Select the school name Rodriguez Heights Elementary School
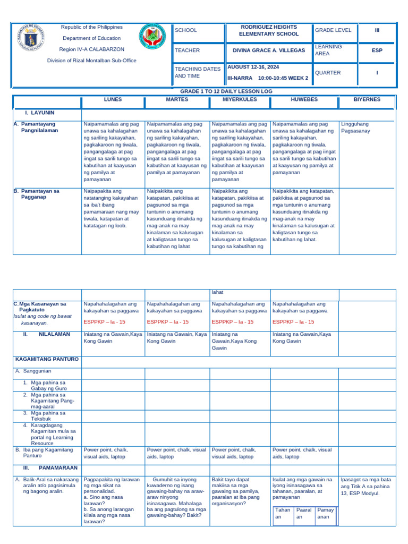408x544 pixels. click(269, 30)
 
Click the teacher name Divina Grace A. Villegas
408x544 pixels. click(269, 50)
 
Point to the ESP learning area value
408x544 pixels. click(377, 50)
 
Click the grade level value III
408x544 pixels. click(377, 30)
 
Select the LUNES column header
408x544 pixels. click(113, 99)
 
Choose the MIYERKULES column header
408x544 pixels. click(240, 99)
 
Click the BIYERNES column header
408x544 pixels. click(367, 99)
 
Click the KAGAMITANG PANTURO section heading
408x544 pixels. click(47, 359)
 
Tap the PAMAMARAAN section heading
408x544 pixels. click(58, 468)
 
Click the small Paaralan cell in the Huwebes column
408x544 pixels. click(303, 513)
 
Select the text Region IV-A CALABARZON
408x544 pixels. click(92, 49)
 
